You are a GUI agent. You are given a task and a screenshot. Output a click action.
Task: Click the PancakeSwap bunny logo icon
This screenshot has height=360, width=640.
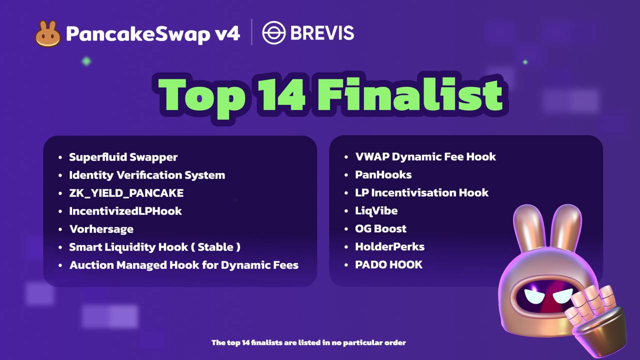click(48, 33)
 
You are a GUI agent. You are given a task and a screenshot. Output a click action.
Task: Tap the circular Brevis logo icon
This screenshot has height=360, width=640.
click(273, 33)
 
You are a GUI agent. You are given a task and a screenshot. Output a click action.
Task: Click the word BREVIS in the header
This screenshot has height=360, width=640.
click(322, 33)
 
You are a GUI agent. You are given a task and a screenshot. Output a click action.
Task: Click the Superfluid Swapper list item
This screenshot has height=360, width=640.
click(123, 157)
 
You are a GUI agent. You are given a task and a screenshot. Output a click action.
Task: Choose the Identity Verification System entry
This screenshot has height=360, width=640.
click(147, 175)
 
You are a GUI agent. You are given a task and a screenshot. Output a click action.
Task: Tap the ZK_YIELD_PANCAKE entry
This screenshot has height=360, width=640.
click(126, 193)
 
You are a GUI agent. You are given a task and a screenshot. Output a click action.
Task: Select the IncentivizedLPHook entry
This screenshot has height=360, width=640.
click(125, 211)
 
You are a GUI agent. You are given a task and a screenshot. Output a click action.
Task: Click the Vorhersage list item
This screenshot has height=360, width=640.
click(101, 229)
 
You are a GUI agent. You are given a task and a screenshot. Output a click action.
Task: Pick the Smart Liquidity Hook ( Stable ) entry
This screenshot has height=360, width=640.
click(154, 247)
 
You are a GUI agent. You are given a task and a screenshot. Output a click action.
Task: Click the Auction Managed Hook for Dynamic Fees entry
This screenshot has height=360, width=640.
click(183, 265)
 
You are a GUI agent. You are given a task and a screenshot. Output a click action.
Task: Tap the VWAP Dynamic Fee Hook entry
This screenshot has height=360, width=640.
click(425, 156)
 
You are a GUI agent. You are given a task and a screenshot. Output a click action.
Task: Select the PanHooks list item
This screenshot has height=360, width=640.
click(383, 174)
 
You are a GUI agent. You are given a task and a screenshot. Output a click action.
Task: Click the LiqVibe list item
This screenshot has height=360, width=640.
click(376, 210)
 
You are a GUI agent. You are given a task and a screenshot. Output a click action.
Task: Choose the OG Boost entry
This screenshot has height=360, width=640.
click(380, 228)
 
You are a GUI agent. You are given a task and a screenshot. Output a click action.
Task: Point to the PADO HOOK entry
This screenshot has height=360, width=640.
click(388, 264)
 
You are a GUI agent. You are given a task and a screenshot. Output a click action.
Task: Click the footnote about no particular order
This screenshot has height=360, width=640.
click(308, 342)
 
